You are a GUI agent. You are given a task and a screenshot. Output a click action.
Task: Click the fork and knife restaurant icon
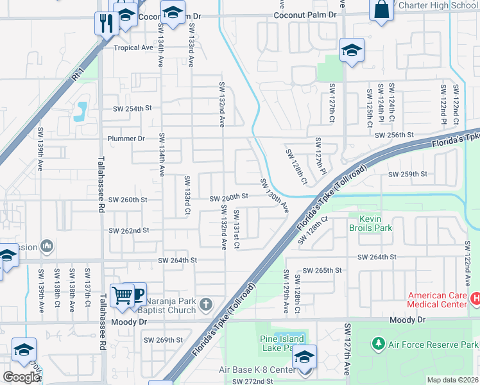pyautogui.click(x=104, y=23)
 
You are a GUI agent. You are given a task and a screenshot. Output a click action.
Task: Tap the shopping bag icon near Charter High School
pyautogui.click(x=381, y=10)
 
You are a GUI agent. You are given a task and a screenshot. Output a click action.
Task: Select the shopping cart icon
pyautogui.click(x=122, y=295)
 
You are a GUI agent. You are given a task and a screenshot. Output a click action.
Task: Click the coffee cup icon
pyautogui.click(x=137, y=295)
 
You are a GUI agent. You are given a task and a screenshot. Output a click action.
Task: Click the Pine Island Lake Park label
pyautogui.click(x=283, y=343)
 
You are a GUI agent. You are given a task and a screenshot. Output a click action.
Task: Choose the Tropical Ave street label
pyautogui.click(x=133, y=47)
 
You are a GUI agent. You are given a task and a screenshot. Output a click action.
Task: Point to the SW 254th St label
pyautogui.click(x=132, y=108)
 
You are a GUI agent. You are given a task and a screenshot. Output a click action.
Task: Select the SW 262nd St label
pyautogui.click(x=129, y=230)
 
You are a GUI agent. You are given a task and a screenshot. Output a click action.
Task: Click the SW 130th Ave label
pyautogui.click(x=274, y=196)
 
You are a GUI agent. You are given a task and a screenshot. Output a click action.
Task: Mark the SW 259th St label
pyautogui.click(x=407, y=174)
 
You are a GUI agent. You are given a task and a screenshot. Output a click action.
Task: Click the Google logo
pyautogui.click(x=21, y=377)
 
